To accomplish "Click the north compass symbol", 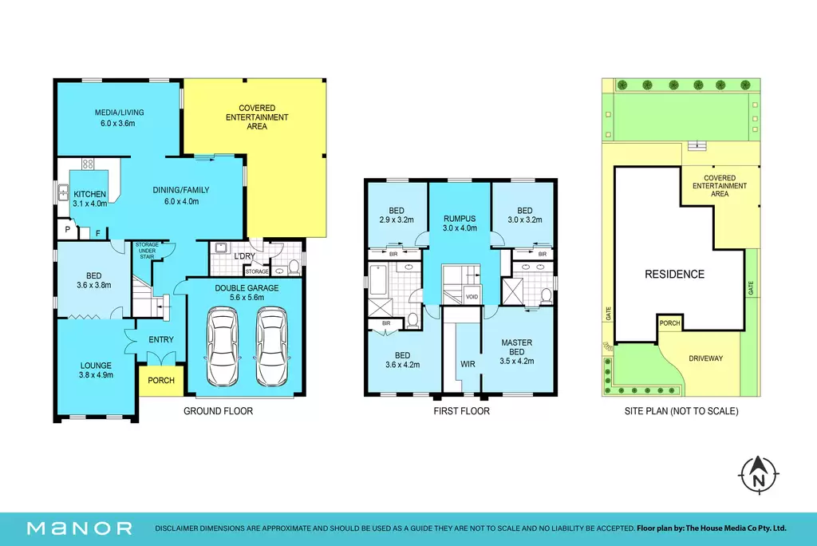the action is pyautogui.click(x=759, y=474).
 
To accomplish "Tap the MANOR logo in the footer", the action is pyautogui.click(x=80, y=528).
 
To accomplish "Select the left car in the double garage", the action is pyautogui.click(x=223, y=346).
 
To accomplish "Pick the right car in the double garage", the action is pyautogui.click(x=271, y=346).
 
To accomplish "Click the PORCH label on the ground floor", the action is pyautogui.click(x=161, y=380).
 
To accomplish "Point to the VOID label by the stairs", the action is pyautogui.click(x=472, y=297).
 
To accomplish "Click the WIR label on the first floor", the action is pyautogui.click(x=468, y=364).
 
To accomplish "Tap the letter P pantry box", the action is pyautogui.click(x=67, y=229).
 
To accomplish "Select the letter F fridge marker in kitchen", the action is pyautogui.click(x=98, y=234).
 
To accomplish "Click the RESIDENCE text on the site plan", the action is pyautogui.click(x=674, y=274).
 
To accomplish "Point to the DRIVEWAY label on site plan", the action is pyautogui.click(x=705, y=358).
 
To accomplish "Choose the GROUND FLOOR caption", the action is pyautogui.click(x=218, y=411).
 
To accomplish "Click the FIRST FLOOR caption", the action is pyautogui.click(x=461, y=411).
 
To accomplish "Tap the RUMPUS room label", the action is pyautogui.click(x=460, y=219).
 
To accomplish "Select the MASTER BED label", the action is pyautogui.click(x=516, y=346).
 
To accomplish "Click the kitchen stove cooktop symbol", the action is pyautogui.click(x=88, y=164).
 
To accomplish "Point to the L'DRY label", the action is pyautogui.click(x=244, y=256).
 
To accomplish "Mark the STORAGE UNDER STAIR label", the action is pyautogui.click(x=147, y=251).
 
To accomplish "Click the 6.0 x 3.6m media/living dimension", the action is pyautogui.click(x=118, y=123).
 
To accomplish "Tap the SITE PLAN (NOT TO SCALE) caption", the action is pyautogui.click(x=681, y=411).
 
